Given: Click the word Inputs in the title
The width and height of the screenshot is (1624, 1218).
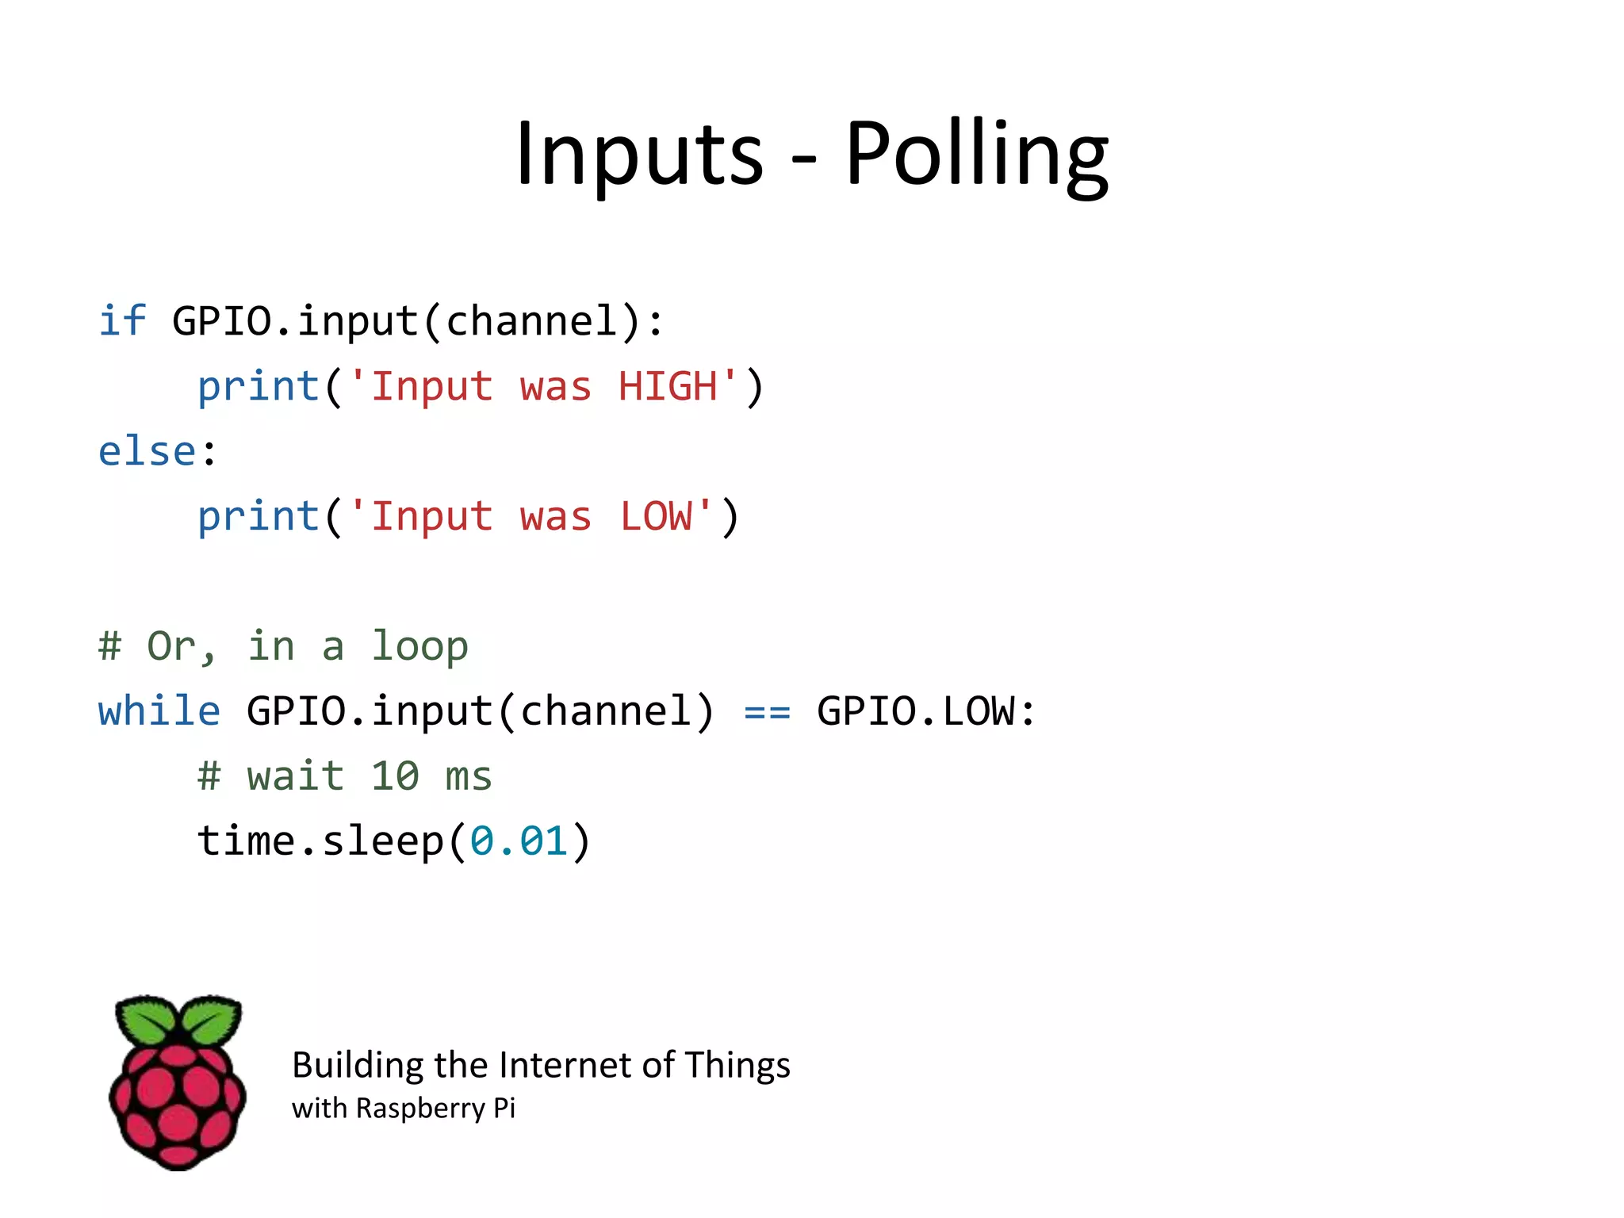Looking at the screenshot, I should (x=639, y=155).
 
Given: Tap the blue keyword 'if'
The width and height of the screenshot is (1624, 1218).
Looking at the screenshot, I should (x=122, y=321).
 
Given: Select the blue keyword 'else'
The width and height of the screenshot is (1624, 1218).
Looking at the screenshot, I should (x=147, y=451).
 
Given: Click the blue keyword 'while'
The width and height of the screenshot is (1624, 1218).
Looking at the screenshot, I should (x=159, y=710).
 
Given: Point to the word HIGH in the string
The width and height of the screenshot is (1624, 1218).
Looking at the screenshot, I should (x=668, y=386).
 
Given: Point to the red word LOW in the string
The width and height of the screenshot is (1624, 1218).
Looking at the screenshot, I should (x=656, y=516).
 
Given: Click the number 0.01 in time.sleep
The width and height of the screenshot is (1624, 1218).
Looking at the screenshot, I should (x=519, y=841).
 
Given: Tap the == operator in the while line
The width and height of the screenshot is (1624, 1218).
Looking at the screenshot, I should (x=767, y=712).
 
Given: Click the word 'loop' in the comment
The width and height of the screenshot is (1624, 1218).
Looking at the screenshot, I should (x=420, y=646).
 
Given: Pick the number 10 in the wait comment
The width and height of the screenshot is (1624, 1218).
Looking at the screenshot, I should (x=394, y=776).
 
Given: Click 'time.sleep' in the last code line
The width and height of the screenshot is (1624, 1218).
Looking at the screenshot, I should (x=320, y=841).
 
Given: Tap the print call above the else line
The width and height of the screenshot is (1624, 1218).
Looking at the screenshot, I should (x=258, y=388).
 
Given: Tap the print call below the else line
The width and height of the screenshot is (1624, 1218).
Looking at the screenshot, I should (x=258, y=518).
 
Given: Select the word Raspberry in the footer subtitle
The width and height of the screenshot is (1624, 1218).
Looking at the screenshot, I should (x=420, y=1109).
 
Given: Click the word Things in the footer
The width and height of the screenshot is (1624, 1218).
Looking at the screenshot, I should (x=737, y=1065).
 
